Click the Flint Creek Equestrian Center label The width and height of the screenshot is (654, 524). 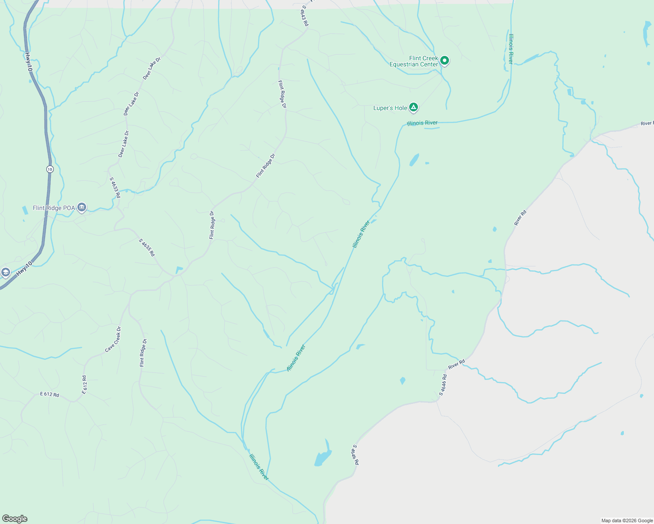pyautogui.click(x=414, y=61)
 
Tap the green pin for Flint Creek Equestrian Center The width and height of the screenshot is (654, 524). pyautogui.click(x=445, y=61)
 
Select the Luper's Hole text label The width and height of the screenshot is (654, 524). pyautogui.click(x=390, y=108)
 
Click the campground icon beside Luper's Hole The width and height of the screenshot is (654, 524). pyautogui.click(x=414, y=107)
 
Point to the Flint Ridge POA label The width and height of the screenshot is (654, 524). pyautogui.click(x=54, y=208)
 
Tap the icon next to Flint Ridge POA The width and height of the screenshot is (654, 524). pyautogui.click(x=82, y=208)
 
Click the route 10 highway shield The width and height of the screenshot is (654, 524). pyautogui.click(x=50, y=169)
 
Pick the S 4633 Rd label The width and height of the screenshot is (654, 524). pyautogui.click(x=115, y=188)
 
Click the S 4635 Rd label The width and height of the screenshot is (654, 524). pyautogui.click(x=147, y=248)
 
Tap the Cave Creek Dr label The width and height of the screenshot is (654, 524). pyautogui.click(x=113, y=339)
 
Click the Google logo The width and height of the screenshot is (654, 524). pyautogui.click(x=15, y=519)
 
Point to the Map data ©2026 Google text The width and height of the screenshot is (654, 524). pyautogui.click(x=627, y=521)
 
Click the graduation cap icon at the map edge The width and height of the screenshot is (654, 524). pyautogui.click(x=5, y=273)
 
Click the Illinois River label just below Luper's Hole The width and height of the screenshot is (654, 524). pyautogui.click(x=422, y=123)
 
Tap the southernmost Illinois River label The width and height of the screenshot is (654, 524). pyautogui.click(x=259, y=467)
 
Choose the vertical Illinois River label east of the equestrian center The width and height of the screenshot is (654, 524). pyautogui.click(x=511, y=49)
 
